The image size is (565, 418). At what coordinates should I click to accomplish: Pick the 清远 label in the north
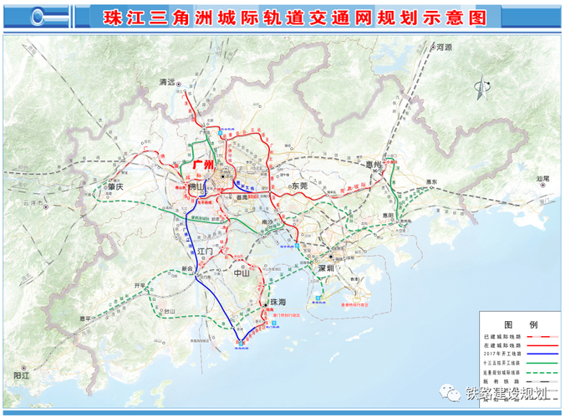[168, 82]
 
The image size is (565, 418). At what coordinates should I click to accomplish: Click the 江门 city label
[207, 251]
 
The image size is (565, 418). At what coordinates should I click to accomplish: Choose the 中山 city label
[242, 273]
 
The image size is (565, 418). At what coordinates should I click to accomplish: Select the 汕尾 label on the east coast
[542, 178]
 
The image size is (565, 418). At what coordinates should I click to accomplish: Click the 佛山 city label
[197, 189]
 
